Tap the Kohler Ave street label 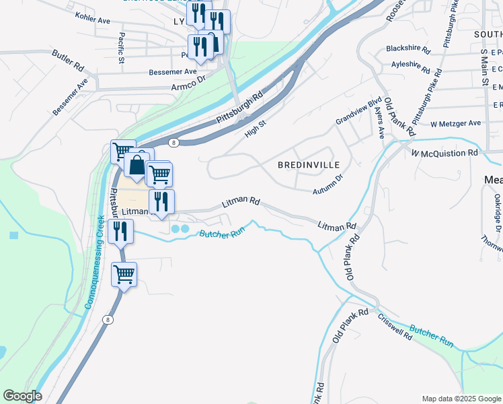point(93,21)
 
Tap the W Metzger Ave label point(456,123)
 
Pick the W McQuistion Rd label point(444,153)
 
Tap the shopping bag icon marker point(136,165)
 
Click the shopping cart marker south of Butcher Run point(124,275)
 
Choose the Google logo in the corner point(22,396)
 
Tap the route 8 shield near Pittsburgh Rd point(173,142)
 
